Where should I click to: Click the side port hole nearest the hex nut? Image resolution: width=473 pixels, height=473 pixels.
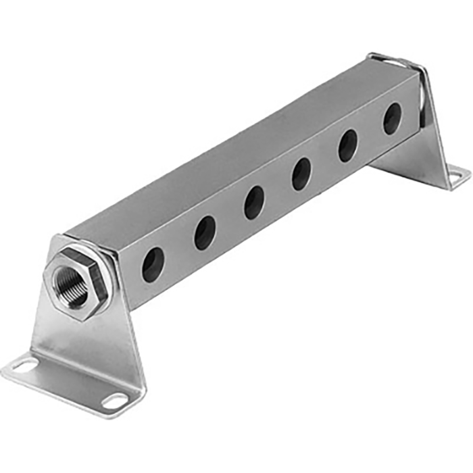(x=153, y=264)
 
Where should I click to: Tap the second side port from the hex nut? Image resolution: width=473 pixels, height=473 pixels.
(x=205, y=233)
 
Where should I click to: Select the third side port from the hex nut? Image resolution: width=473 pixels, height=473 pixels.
(x=254, y=202)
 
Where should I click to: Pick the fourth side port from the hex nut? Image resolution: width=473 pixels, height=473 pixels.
(x=301, y=174)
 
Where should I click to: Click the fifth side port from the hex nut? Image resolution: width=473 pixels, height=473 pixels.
(x=348, y=145)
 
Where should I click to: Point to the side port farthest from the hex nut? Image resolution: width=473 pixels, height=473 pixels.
(x=393, y=119)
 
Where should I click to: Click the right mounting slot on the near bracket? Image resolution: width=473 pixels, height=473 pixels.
(x=116, y=401)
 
